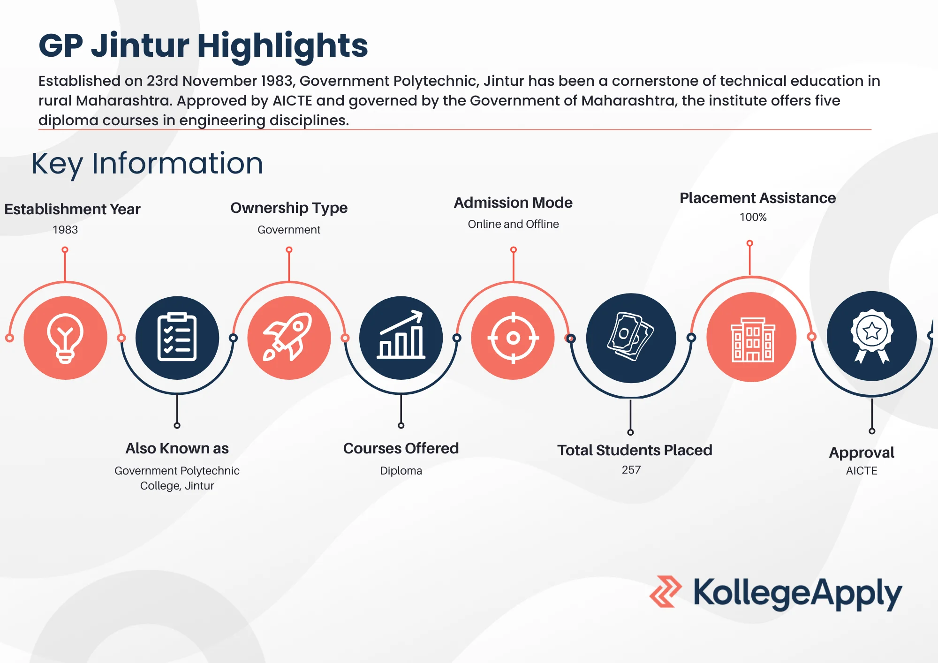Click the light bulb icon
pos(65,338)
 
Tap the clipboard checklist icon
pos(177,337)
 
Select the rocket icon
pos(288,337)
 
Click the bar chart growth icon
pos(401,335)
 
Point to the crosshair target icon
pos(513,338)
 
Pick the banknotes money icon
pos(630,337)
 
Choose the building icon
pos(753,339)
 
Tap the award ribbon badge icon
pos(872,336)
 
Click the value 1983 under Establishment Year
pos(65,230)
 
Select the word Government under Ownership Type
pos(289,230)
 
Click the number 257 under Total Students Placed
pos(631,470)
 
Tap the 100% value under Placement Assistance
pos(753,217)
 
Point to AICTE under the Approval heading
pos(862,471)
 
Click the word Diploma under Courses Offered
pos(401,471)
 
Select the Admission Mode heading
pos(513,203)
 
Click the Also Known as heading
pos(177,448)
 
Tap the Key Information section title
pos(147,164)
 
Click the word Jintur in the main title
pos(140,45)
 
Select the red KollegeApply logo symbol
pos(666,592)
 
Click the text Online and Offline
pos(513,224)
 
